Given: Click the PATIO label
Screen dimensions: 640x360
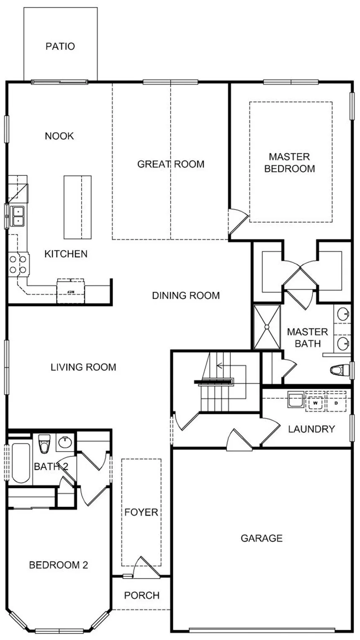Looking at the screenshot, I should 60,46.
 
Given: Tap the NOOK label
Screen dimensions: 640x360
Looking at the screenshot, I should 59,136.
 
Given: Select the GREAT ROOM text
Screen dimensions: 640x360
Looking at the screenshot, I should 171,164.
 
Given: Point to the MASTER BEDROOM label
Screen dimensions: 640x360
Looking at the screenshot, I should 290,163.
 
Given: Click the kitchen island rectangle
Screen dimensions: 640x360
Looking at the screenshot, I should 77,207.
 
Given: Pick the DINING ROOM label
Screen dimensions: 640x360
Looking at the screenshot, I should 185,296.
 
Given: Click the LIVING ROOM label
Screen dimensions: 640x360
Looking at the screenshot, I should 83,368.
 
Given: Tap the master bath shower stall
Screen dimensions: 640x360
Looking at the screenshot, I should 267,327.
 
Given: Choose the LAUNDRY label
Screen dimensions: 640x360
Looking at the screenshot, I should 311,429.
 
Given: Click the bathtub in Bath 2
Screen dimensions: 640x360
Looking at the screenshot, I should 20,462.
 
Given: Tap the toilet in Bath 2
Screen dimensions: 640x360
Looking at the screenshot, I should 44,444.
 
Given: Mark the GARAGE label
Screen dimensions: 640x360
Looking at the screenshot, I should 262,538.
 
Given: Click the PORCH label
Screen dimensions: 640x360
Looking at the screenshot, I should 142,595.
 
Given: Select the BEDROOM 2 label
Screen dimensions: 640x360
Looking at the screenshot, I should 59,565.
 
